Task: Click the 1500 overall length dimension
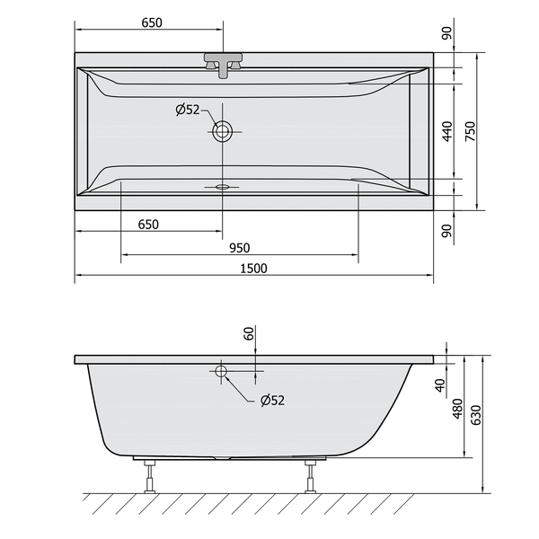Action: tap(253, 269)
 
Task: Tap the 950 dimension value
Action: tap(240, 248)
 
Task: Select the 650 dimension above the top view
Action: tap(152, 22)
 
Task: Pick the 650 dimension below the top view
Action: tap(148, 225)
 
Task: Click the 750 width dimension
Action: tap(470, 131)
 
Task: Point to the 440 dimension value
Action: tap(447, 131)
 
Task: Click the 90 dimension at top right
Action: tap(446, 33)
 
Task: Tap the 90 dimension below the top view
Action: tap(446, 231)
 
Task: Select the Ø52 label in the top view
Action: tap(188, 110)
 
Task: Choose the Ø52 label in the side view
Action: tap(272, 400)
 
